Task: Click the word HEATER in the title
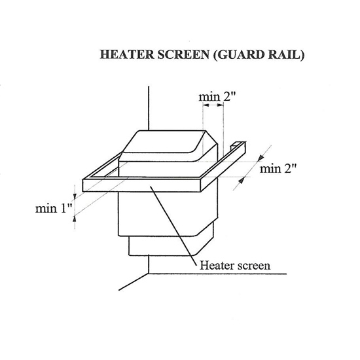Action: [x=127, y=54]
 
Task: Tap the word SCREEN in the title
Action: [x=183, y=54]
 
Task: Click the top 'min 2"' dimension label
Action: [x=217, y=97]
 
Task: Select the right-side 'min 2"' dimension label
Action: [x=278, y=169]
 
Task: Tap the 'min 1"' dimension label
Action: [x=54, y=208]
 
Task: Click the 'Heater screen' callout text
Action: [x=235, y=266]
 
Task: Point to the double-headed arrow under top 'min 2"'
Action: [x=213, y=105]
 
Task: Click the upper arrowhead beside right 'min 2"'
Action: [x=261, y=158]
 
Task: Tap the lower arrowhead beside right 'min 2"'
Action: [x=241, y=181]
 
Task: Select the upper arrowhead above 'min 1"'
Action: [x=75, y=196]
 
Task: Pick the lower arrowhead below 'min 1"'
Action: [x=75, y=218]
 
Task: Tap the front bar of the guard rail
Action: [x=142, y=185]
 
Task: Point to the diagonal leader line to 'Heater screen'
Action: [x=173, y=226]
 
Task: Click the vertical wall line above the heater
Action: [x=149, y=109]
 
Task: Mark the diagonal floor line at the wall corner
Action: [x=134, y=282]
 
